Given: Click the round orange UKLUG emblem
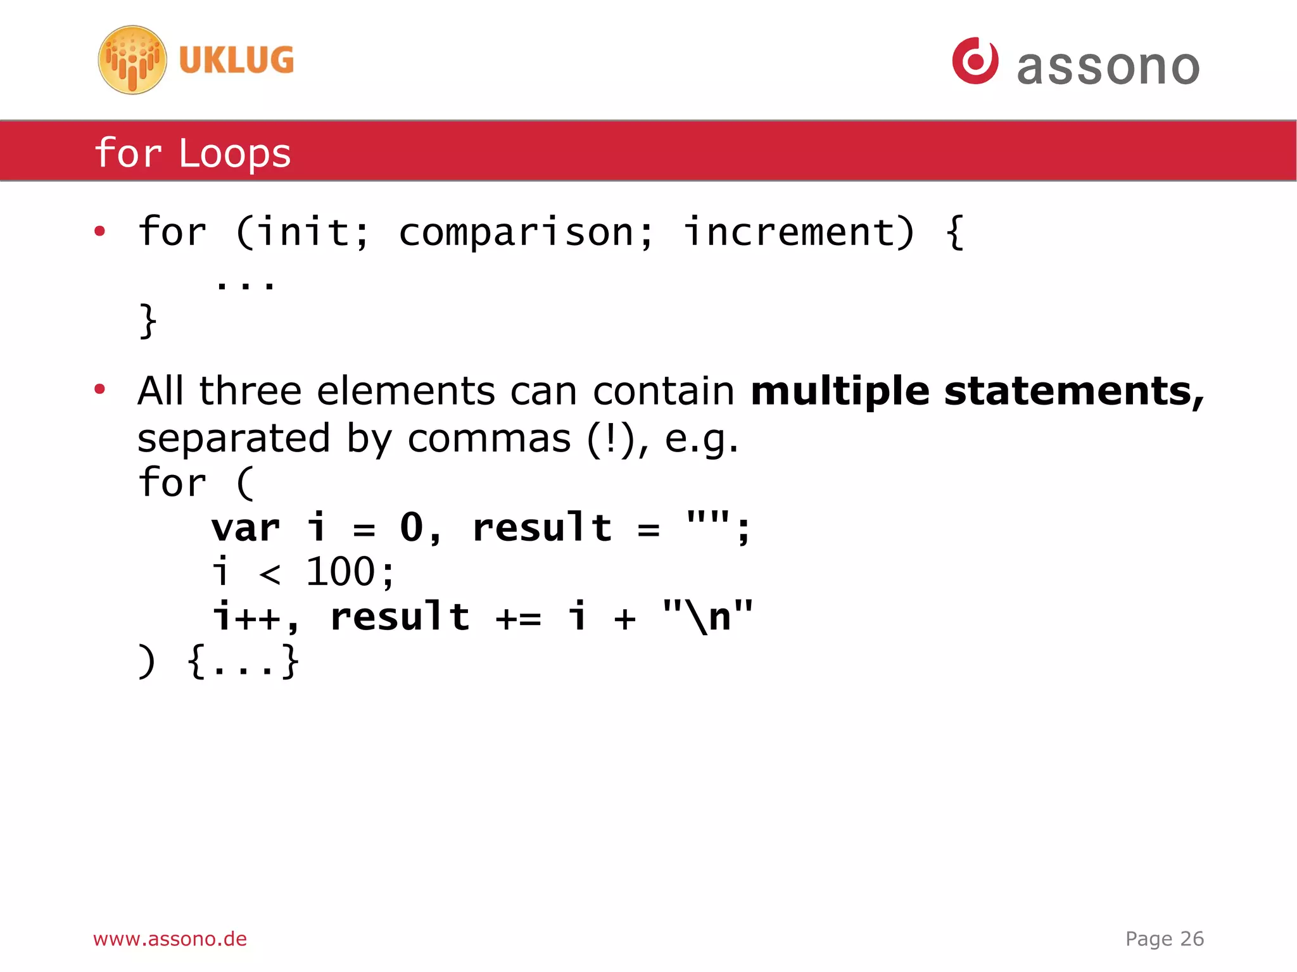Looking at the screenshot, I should point(132,60).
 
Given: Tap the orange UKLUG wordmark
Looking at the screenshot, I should point(236,60).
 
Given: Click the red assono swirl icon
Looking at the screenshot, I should point(975,61).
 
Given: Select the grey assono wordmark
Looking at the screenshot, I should point(1108,66).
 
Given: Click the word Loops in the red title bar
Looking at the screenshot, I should point(234,153).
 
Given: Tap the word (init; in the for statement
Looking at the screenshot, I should point(301,232).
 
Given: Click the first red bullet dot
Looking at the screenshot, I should point(99,231).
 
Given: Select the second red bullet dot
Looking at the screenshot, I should point(99,389).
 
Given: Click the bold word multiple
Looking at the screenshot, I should point(840,392).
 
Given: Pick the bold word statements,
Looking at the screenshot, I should point(1074,392).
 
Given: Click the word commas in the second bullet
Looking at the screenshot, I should point(489,439).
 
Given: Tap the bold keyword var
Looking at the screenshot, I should point(246,528).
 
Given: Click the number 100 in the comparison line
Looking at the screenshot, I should point(341,572).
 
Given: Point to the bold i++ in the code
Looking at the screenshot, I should point(247,617).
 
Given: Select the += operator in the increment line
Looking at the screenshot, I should point(519,618).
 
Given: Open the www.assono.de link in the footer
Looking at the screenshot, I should point(170,938).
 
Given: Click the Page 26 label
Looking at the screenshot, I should point(1164,938).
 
